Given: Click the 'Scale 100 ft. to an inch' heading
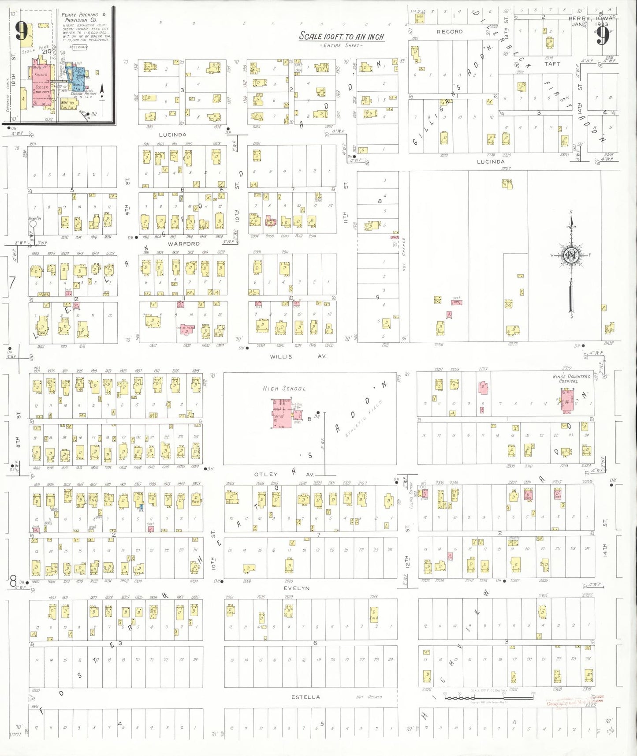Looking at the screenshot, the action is coord(342,36).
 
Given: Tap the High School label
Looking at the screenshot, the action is coord(284,388).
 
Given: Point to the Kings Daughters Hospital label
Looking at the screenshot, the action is coord(571,378).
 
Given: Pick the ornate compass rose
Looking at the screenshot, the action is coord(571,255).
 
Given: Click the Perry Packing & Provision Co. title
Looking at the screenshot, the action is coord(83,17).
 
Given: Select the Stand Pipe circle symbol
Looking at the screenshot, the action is coord(33,224).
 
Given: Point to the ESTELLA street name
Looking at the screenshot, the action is coord(305,697).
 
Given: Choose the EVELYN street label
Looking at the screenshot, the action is coord(297,588).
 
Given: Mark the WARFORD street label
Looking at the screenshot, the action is coord(184,243).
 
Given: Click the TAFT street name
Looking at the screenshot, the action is coord(552,64).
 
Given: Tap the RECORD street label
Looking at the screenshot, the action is coord(450,32).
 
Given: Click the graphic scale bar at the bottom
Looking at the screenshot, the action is coord(489,697).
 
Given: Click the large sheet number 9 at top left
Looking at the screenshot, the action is coord(22,31).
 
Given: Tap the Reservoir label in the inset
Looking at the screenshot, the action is coord(78,47).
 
